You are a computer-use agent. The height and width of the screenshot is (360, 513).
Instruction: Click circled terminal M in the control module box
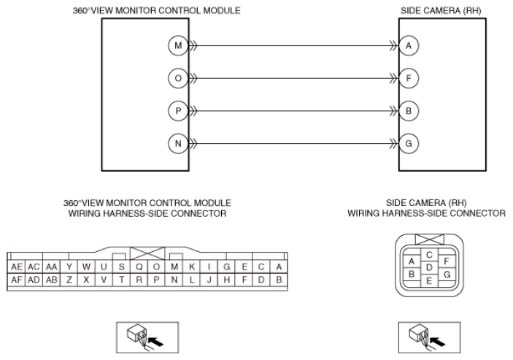(177, 46)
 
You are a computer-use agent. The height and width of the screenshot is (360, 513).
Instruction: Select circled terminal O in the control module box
(177, 78)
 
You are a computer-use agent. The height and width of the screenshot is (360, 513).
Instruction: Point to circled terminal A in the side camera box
(409, 46)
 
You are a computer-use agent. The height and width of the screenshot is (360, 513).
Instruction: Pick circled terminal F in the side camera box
(409, 78)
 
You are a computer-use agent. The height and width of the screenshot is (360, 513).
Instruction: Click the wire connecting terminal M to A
(292, 46)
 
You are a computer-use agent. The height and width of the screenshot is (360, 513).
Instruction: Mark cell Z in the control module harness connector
(69, 280)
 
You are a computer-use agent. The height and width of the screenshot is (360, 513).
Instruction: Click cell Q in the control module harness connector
(139, 267)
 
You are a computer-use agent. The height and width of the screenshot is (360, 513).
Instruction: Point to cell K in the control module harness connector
(192, 267)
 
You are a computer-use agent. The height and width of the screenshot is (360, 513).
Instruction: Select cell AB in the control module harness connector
(51, 280)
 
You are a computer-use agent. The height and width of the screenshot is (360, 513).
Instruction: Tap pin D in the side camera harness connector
(430, 267)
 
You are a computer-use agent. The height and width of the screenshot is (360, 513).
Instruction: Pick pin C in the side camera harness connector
(430, 255)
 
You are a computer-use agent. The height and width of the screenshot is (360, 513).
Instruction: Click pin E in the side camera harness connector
(430, 280)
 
